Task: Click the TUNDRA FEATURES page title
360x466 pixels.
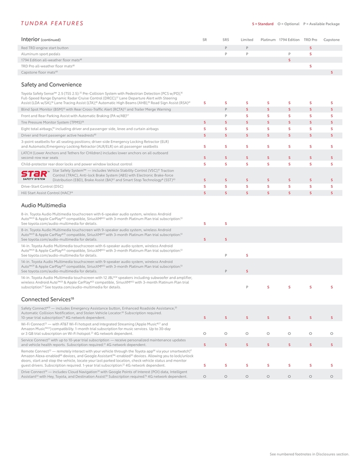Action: click(x=52, y=23)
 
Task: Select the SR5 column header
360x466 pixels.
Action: click(x=226, y=40)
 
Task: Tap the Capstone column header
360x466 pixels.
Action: click(x=331, y=40)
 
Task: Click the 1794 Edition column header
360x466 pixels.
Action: click(x=289, y=40)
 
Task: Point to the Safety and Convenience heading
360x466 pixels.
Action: click(x=51, y=84)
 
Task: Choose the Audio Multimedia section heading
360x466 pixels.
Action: click(x=43, y=205)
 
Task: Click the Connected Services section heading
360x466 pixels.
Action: click(x=47, y=299)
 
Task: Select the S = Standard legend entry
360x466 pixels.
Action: click(x=262, y=24)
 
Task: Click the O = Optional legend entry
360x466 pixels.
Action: click(x=288, y=24)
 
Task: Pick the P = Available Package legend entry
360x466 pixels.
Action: click(x=321, y=24)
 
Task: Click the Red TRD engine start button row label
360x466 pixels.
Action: click(x=45, y=48)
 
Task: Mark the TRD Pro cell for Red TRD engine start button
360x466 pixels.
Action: click(x=310, y=48)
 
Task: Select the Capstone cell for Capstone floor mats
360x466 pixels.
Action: click(x=331, y=72)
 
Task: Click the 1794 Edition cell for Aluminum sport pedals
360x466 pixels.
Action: click(x=289, y=53)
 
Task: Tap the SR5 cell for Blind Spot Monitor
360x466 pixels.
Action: click(x=226, y=109)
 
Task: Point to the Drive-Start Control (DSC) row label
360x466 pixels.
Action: click(x=42, y=186)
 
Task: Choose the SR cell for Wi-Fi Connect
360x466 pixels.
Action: click(x=205, y=334)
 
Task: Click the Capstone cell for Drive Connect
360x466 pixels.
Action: click(x=331, y=377)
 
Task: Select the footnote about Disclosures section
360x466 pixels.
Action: click(x=309, y=454)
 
